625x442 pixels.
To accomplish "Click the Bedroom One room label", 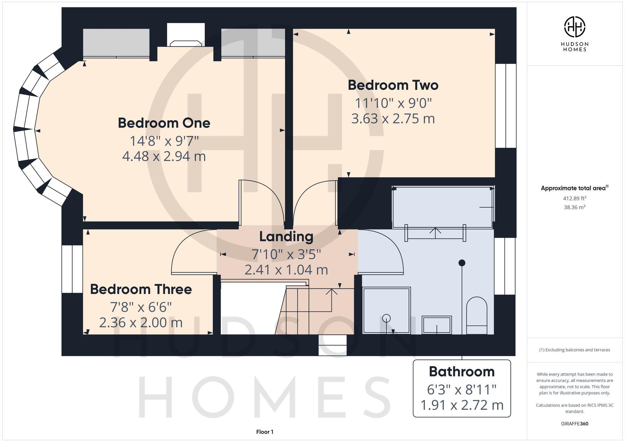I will pos(164,123).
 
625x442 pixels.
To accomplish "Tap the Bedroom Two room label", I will pos(393,85).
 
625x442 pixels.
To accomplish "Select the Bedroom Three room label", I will pos(141,290).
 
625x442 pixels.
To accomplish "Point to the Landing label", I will pos(286,237).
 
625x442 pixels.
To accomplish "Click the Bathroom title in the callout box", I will pos(462,372).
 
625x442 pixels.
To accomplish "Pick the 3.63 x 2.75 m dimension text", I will pos(393,119).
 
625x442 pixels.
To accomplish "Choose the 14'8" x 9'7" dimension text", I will pos(164,141).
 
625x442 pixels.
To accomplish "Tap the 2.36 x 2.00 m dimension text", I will pos(141,323).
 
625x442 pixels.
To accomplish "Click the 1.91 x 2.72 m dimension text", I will pos(462,405).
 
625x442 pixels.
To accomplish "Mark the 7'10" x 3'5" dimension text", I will pos(286,254).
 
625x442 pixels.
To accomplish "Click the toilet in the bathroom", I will pos(477,315).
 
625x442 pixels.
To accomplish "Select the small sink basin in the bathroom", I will pos(437,325).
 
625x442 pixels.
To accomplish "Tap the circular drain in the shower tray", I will pos(387,318).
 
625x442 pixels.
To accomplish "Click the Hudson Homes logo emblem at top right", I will pos(574,27).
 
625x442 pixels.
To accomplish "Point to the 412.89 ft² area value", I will pos(574,198).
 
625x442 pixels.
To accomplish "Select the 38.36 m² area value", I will pos(574,207).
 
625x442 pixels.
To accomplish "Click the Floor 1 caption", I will pos(265,432).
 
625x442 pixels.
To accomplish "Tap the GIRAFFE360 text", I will pos(574,424).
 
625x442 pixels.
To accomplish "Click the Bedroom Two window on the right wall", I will pos(506,106).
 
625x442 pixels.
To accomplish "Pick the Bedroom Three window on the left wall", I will pos(72,269).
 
